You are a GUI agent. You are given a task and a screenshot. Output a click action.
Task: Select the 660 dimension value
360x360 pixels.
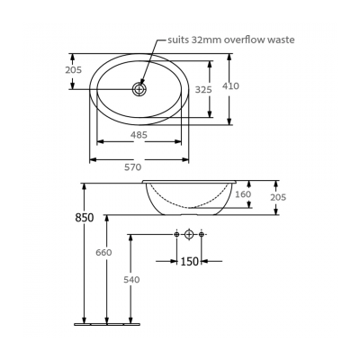pos(104,253)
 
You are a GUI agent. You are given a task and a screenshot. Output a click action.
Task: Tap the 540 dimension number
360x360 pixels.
pos(131,280)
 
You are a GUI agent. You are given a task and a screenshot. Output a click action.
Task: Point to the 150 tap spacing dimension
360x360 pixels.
pos(189,262)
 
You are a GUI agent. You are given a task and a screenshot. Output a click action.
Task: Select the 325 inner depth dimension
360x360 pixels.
pos(203,89)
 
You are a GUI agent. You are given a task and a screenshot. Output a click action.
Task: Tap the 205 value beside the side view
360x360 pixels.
pos(277,198)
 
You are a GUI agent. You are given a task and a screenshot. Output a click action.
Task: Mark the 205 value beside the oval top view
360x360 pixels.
pos(74,69)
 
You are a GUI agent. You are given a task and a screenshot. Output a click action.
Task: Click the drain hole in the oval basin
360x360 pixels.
pos(139,88)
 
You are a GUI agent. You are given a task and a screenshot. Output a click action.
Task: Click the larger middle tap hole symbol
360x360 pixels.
pos(189,235)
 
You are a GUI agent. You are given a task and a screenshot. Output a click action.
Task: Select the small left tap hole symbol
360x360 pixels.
pos(176,235)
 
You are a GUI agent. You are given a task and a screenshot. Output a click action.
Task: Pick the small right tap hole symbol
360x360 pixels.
pos(202,235)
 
